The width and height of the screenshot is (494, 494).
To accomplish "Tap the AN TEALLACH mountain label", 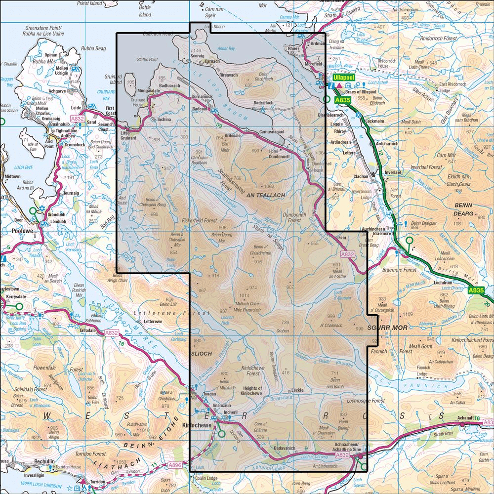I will (266, 196).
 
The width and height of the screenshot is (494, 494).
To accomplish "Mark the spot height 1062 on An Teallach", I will (269, 186).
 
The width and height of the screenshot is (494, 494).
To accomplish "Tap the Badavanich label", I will (284, 448).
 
